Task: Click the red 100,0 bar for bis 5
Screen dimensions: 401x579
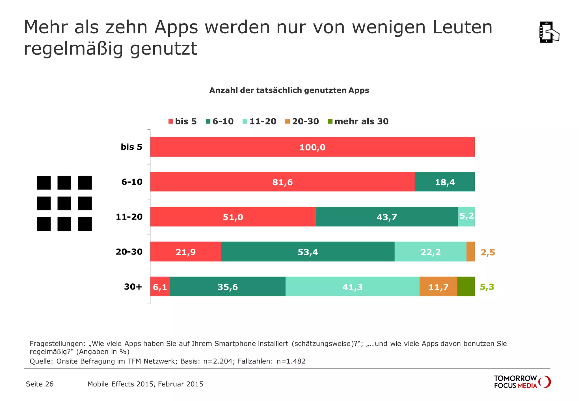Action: tap(312, 147)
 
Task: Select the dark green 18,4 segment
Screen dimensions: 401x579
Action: tap(445, 182)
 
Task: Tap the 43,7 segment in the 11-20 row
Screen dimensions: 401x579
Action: tap(386, 217)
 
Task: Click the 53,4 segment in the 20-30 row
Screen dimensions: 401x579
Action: tap(308, 252)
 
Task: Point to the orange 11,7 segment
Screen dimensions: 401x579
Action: tap(438, 287)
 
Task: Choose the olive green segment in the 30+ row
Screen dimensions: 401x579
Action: tap(466, 287)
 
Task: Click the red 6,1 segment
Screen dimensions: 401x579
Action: tap(160, 287)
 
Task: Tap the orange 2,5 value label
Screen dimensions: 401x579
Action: tap(488, 252)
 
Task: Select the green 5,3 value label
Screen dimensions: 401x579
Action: tap(487, 287)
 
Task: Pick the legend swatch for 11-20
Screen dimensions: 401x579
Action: tap(245, 121)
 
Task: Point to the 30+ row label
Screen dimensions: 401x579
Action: tap(133, 287)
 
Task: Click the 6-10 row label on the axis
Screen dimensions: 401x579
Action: tap(132, 182)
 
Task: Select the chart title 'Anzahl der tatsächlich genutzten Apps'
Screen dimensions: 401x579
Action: tap(289, 90)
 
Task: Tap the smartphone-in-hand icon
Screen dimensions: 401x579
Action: tap(549, 32)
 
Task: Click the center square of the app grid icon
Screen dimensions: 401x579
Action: tap(64, 203)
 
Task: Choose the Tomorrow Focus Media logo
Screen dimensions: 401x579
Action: tap(522, 382)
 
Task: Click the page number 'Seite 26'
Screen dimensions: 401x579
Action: tap(40, 384)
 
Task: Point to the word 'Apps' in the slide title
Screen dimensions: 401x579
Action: tap(176, 27)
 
